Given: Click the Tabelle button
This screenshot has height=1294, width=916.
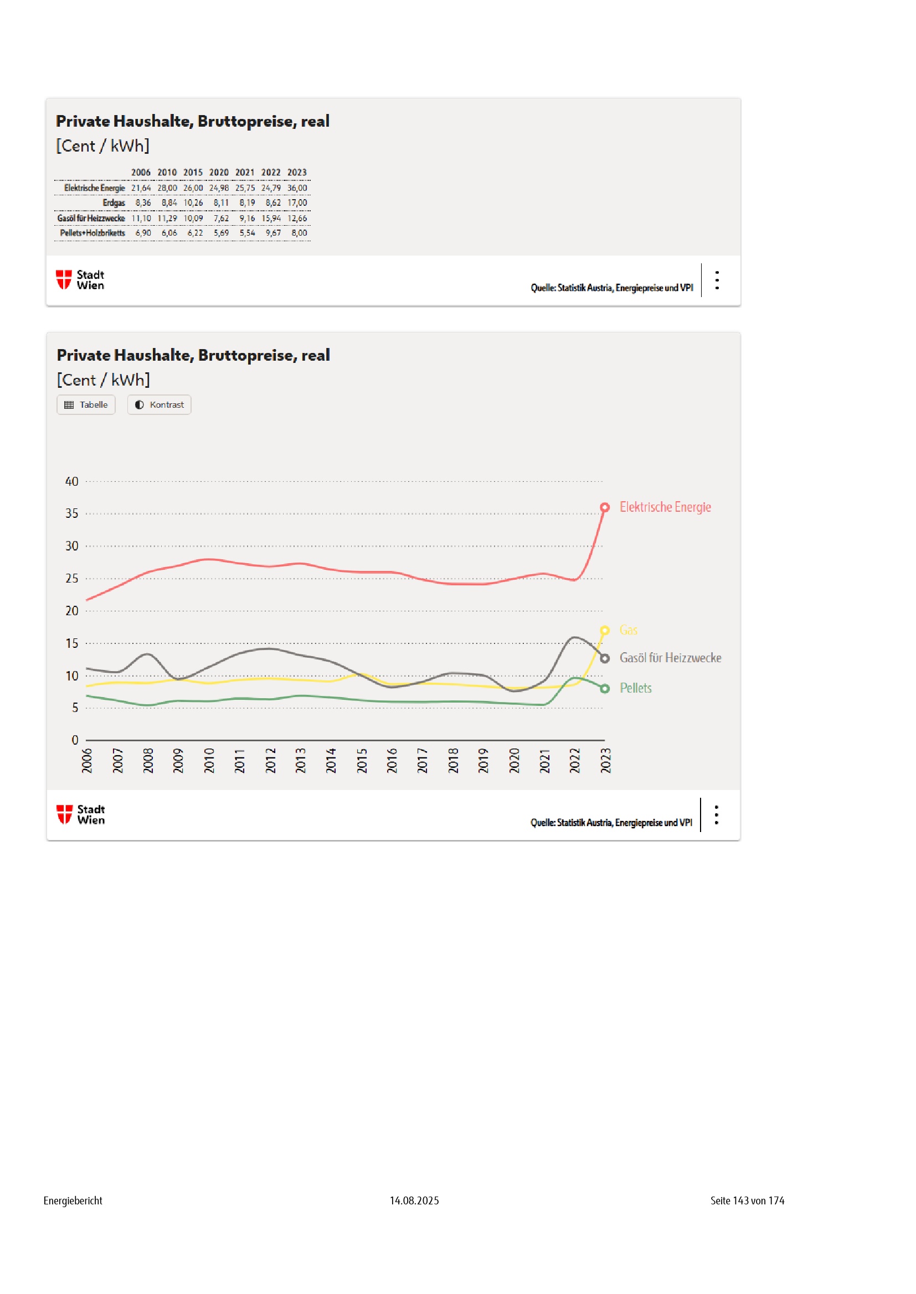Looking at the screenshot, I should tap(86, 404).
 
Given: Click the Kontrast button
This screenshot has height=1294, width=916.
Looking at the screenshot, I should tap(159, 404).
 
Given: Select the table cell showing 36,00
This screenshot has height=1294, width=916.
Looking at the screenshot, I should tap(297, 188).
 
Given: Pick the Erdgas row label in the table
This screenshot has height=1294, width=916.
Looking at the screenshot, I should tap(114, 202).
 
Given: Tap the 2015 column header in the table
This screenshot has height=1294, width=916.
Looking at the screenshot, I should tap(193, 173).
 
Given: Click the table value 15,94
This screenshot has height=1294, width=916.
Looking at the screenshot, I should tap(271, 218).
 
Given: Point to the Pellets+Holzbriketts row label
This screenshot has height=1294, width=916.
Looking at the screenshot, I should tap(92, 233).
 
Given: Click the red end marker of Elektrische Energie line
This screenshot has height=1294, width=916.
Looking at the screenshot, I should tap(605, 507).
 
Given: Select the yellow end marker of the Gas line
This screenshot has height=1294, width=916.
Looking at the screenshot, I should tap(605, 630).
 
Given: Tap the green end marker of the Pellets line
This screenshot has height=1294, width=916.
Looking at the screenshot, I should tap(605, 689).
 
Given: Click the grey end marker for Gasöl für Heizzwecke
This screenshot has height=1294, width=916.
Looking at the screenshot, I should tap(605, 658).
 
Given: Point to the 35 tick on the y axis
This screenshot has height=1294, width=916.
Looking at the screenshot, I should tap(71, 513).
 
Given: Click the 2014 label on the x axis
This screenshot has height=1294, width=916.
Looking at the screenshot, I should tap(331, 760).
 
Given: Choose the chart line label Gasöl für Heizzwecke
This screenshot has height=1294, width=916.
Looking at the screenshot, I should tap(670, 658).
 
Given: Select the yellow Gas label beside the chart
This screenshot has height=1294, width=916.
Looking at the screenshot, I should tap(629, 630).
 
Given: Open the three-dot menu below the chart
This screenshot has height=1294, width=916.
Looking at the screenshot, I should tap(716, 815).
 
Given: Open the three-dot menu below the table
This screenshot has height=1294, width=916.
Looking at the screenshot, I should tap(717, 280).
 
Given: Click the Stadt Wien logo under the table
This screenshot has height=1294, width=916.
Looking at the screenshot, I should tap(80, 279).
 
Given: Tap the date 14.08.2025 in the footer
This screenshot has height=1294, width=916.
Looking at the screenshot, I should tap(414, 1201).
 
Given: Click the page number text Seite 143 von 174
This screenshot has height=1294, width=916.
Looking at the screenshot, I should tap(747, 1201).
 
